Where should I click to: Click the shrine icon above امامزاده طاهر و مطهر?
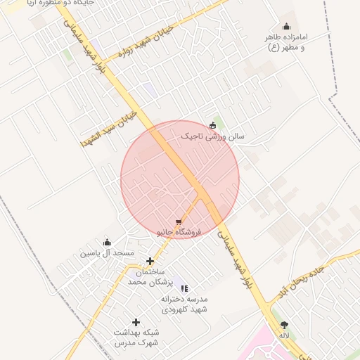286,27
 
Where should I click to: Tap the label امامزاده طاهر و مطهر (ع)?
287,41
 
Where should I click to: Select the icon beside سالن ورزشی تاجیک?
212,125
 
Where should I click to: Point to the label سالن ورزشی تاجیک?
212,136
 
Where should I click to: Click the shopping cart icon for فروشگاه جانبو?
179,221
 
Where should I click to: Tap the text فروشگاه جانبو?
179,231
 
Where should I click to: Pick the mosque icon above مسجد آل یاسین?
107,242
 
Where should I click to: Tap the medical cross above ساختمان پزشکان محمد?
150,261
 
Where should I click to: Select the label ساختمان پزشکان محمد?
146,276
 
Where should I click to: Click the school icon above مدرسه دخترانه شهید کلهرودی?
184,288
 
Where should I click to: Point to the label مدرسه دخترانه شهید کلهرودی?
184,304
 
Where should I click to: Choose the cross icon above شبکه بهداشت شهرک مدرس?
136,322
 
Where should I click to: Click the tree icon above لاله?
284,325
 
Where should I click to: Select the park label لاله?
284,336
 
